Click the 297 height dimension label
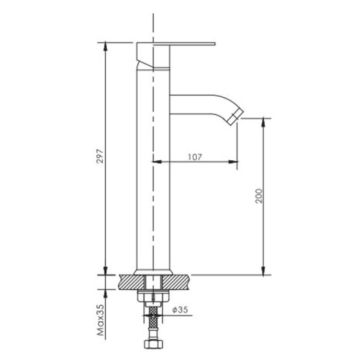100,156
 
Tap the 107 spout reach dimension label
195,157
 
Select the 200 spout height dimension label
258,196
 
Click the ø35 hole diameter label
180,310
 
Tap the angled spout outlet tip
237,117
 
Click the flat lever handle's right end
215,44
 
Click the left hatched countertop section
131,282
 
